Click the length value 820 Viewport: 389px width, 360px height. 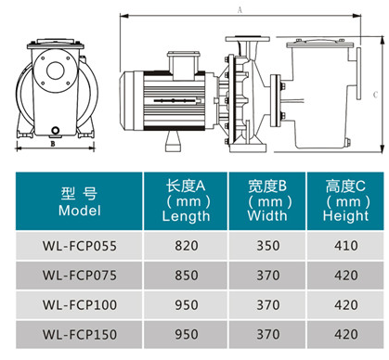186,246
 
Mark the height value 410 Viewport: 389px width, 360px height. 344,246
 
